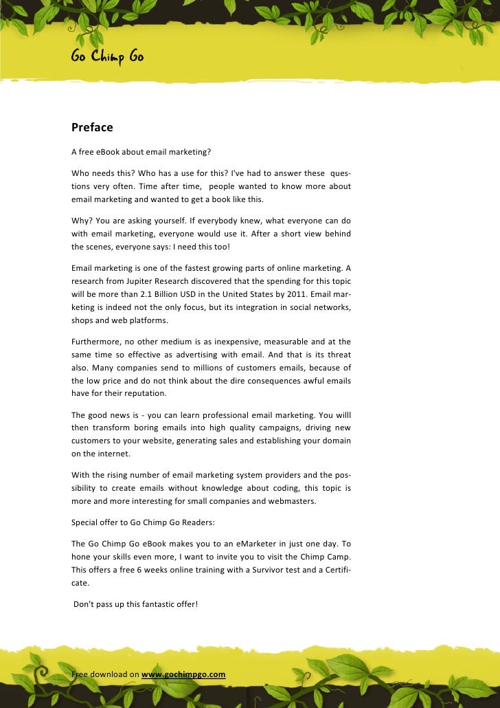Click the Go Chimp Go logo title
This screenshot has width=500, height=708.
click(107, 58)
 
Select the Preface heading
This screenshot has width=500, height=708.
click(92, 127)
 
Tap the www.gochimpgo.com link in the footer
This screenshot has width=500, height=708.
click(183, 674)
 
